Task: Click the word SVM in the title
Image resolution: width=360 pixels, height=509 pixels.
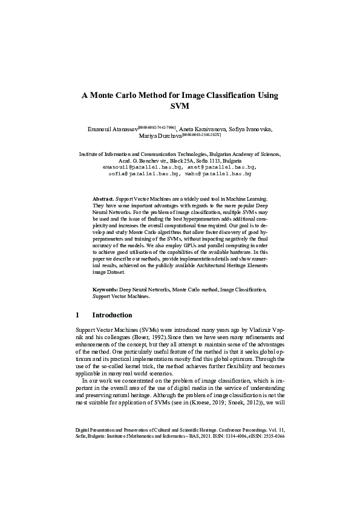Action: tap(180, 106)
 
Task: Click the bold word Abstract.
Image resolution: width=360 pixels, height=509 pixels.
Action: tap(102, 199)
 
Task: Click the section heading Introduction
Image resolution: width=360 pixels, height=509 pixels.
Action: tap(112, 315)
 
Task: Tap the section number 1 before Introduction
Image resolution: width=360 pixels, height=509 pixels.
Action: tap(77, 315)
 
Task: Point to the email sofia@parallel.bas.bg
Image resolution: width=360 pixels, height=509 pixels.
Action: tap(143, 173)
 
